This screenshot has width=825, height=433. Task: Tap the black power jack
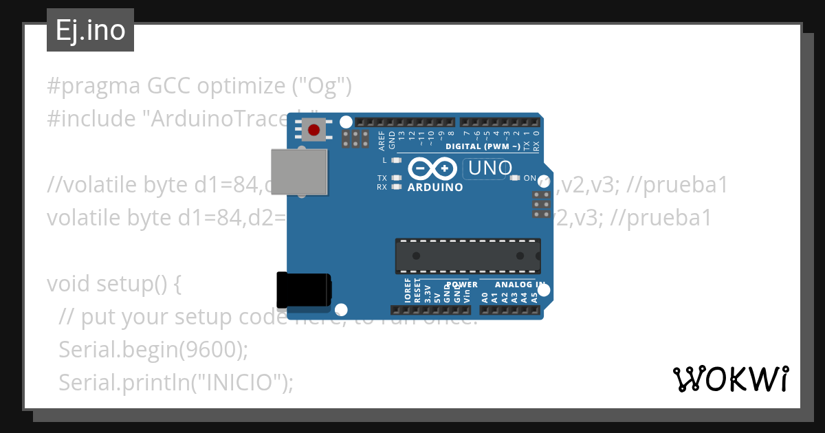pyautogui.click(x=303, y=290)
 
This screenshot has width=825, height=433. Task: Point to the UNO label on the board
pyautogui.click(x=490, y=168)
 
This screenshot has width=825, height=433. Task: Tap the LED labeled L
pyautogui.click(x=395, y=160)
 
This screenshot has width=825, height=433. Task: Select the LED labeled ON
pyautogui.click(x=515, y=178)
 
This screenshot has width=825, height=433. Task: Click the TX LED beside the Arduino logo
pyautogui.click(x=395, y=178)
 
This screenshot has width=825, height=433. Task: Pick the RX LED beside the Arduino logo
pyautogui.click(x=395, y=186)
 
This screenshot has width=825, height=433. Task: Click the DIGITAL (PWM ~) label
pyautogui.click(x=482, y=146)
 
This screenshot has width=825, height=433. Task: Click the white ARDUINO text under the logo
pyautogui.click(x=435, y=187)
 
